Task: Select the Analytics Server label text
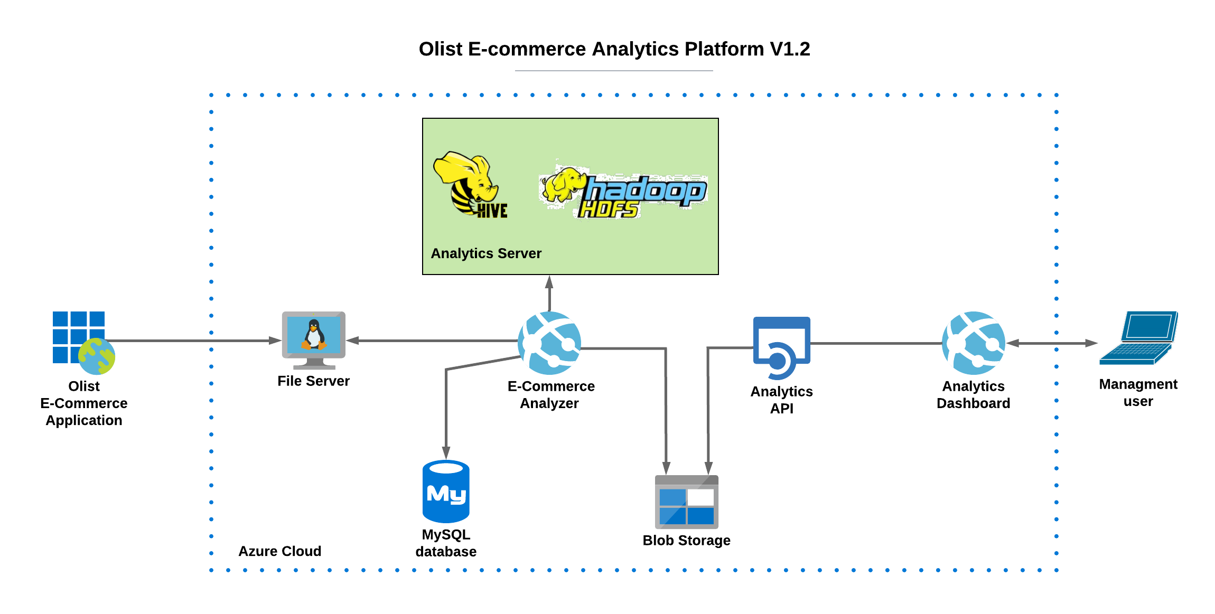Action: pos(486,253)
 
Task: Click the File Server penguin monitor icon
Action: pos(314,340)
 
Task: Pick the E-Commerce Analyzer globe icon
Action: pos(549,343)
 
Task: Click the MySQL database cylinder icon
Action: pos(446,492)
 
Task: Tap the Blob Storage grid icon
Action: pos(687,502)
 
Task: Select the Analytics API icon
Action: pos(782,348)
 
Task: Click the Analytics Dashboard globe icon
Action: pos(974,343)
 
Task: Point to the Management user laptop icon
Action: pos(1138,338)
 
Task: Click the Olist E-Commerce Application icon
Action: pos(83,343)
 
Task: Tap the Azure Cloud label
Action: pos(280,551)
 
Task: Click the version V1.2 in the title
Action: pos(790,49)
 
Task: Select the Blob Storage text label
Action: pos(687,541)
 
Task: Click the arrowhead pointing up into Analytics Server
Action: pos(549,281)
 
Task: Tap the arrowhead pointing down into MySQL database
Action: pos(446,453)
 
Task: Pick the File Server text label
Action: pos(314,381)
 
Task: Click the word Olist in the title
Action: pos(441,49)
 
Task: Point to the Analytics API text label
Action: pos(782,400)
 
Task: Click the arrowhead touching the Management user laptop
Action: pos(1091,343)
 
